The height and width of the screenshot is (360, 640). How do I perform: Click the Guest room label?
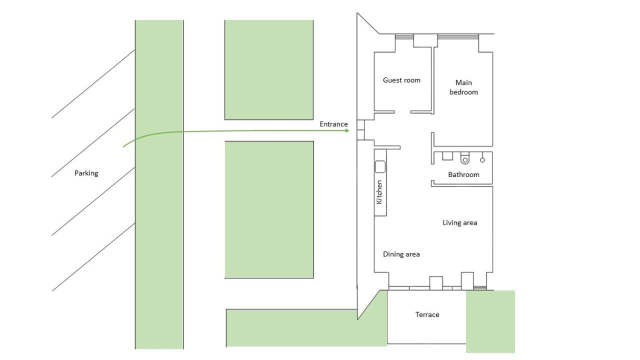point(401,80)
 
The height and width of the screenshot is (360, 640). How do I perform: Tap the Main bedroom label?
point(463,87)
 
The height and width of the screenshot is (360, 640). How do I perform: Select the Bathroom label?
point(463,174)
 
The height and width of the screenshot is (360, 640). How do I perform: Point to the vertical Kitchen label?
point(379,191)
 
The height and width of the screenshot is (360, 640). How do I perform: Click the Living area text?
point(459,223)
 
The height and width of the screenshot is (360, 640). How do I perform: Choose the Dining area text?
point(401,254)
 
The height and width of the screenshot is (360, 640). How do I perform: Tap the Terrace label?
point(427,314)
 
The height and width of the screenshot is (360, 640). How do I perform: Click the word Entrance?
point(333,124)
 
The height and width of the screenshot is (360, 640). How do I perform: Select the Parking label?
point(86,173)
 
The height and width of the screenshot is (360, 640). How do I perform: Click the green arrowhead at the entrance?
point(347,130)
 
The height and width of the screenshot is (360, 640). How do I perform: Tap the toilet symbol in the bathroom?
point(465,158)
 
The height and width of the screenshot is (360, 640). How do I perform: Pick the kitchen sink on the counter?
point(380,167)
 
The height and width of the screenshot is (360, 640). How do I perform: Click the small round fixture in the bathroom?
point(482,160)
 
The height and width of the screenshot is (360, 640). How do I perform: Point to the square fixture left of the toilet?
point(447,156)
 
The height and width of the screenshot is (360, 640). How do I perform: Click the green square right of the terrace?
point(490,321)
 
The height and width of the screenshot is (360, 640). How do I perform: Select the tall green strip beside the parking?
point(159,184)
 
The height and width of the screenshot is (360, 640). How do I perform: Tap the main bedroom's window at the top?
point(458,36)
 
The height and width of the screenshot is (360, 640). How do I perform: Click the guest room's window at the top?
point(404,36)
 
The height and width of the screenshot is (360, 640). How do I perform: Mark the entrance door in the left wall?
point(360,130)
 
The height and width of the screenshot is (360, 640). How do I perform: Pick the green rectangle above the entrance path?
point(269,69)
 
